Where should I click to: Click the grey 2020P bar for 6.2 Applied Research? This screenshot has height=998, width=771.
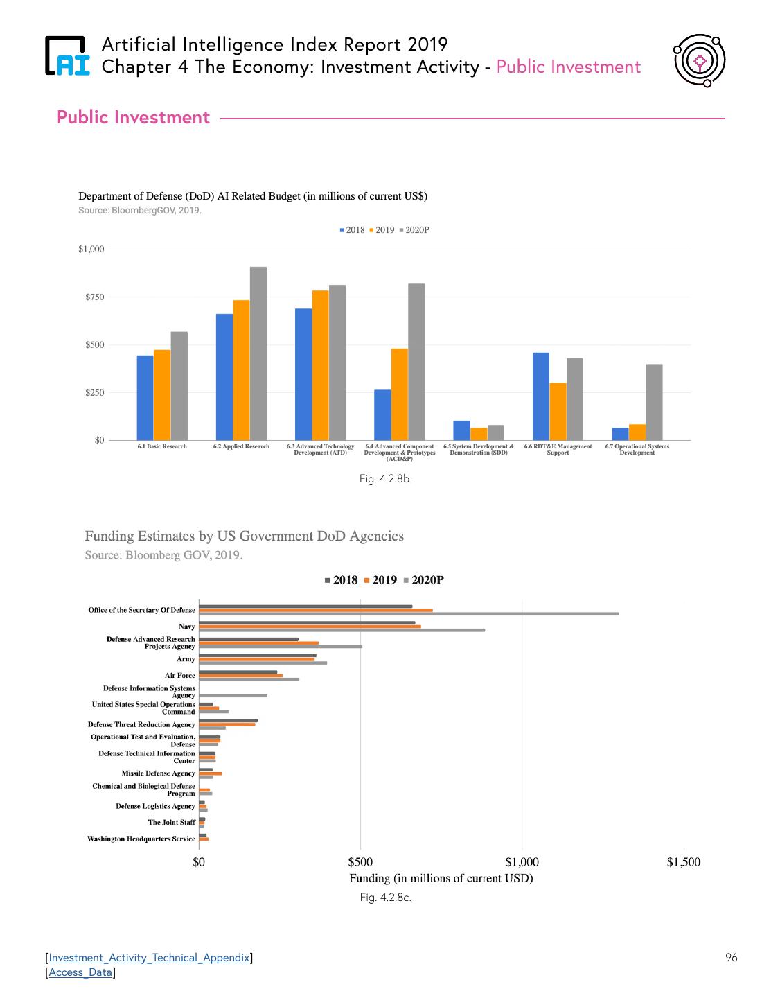258,353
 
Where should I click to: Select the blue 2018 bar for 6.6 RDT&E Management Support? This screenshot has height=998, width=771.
541,396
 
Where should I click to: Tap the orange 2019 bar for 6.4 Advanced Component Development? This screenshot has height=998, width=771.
400,394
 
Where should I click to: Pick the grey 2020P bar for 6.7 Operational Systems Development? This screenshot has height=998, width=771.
654,402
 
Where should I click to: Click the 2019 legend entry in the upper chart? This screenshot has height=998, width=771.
382,230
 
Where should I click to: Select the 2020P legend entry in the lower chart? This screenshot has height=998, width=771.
424,580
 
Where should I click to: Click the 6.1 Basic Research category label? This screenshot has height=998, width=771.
162,446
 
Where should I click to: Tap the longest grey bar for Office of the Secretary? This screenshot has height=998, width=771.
409,613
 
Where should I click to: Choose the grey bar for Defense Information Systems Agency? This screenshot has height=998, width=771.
233,695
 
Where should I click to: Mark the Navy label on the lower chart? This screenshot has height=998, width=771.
186,627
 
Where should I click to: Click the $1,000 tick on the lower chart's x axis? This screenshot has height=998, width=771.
522,862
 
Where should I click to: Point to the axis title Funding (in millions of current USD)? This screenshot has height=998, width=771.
441,878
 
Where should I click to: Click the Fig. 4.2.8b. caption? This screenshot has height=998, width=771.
385,479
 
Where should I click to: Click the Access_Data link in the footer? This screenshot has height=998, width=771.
80,972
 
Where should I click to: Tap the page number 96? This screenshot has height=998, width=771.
731,958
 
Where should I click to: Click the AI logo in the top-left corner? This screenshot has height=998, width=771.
67,55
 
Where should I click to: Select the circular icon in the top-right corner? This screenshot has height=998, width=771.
699,61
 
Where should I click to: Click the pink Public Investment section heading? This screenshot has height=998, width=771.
133,117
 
